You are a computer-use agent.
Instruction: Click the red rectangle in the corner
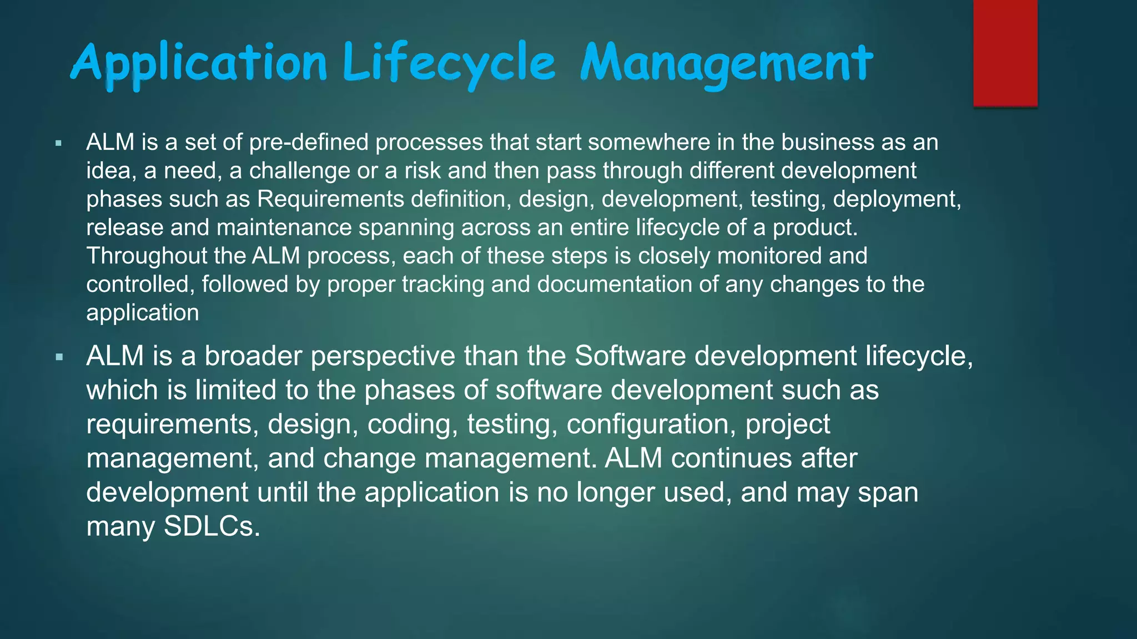(1005, 52)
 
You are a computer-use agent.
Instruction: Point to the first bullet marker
(59, 144)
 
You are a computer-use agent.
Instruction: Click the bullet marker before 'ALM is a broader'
(59, 357)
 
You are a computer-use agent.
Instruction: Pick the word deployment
(895, 199)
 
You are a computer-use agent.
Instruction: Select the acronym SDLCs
(212, 526)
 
